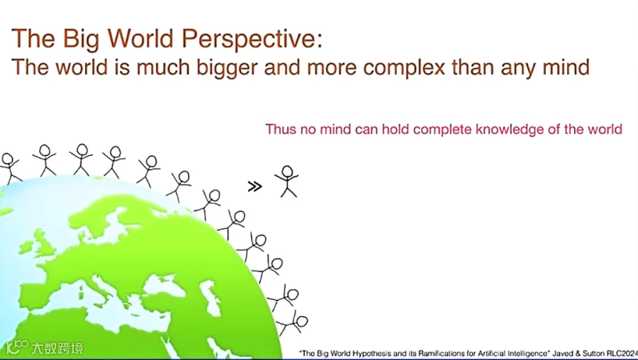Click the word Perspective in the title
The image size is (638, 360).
pos(252,40)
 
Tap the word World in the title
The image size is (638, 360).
pos(140,38)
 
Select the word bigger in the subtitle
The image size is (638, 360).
pos(227,68)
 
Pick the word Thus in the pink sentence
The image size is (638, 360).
pos(281,130)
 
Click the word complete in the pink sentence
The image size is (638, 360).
pos(442,130)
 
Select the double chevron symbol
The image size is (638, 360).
pos(254,186)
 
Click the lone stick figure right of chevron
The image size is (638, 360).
pos(287,181)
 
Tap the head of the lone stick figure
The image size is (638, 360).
pos(287,171)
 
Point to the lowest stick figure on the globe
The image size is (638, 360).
pos(293,324)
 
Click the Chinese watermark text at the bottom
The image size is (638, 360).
pos(57,348)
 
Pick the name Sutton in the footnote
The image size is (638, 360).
pos(593,354)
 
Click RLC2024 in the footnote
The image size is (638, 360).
pos(622,354)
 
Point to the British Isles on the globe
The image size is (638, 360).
pos(40,243)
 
